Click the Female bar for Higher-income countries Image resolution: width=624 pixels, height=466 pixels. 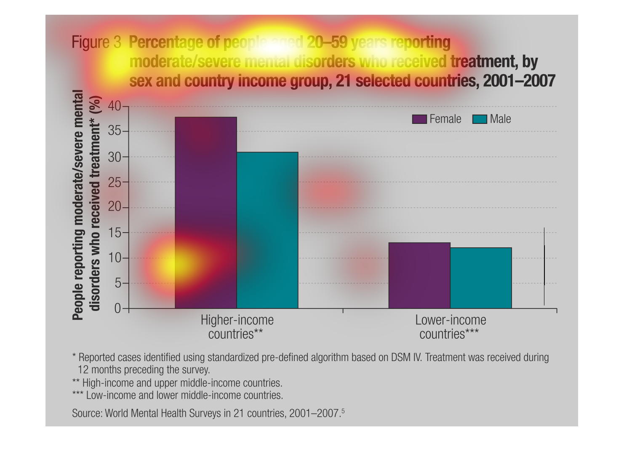205,213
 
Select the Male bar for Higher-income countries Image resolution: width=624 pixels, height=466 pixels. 267,230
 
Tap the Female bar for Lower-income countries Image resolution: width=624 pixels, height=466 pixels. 419,276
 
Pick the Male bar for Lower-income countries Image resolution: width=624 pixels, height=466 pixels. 481,278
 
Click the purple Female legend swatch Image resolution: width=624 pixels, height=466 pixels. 419,119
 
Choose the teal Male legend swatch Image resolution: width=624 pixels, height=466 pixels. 480,119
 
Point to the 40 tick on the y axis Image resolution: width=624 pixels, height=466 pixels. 115,106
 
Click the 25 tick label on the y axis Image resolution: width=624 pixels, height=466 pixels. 115,182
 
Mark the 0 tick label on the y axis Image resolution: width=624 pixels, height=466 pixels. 117,309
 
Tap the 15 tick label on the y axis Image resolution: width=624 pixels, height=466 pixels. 115,233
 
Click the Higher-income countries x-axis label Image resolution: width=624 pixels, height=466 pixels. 237,327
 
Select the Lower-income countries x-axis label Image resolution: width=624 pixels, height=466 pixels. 450,327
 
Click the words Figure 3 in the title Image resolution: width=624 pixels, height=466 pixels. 96,43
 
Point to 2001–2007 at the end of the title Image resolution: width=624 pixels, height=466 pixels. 519,80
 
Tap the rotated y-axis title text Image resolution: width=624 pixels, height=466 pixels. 87,205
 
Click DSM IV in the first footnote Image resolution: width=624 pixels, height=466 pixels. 406,358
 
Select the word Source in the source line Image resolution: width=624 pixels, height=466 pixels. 86,413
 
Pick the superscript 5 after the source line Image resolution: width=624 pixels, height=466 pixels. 343,411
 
